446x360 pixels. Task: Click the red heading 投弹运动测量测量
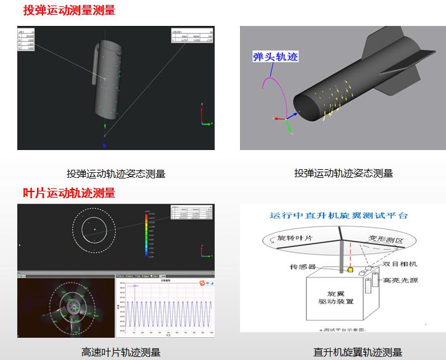click(69, 10)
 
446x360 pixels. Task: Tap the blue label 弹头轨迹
click(275, 57)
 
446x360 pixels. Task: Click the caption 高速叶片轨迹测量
click(121, 353)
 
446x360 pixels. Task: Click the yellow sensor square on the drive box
click(350, 270)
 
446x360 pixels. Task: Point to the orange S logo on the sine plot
click(200, 283)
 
